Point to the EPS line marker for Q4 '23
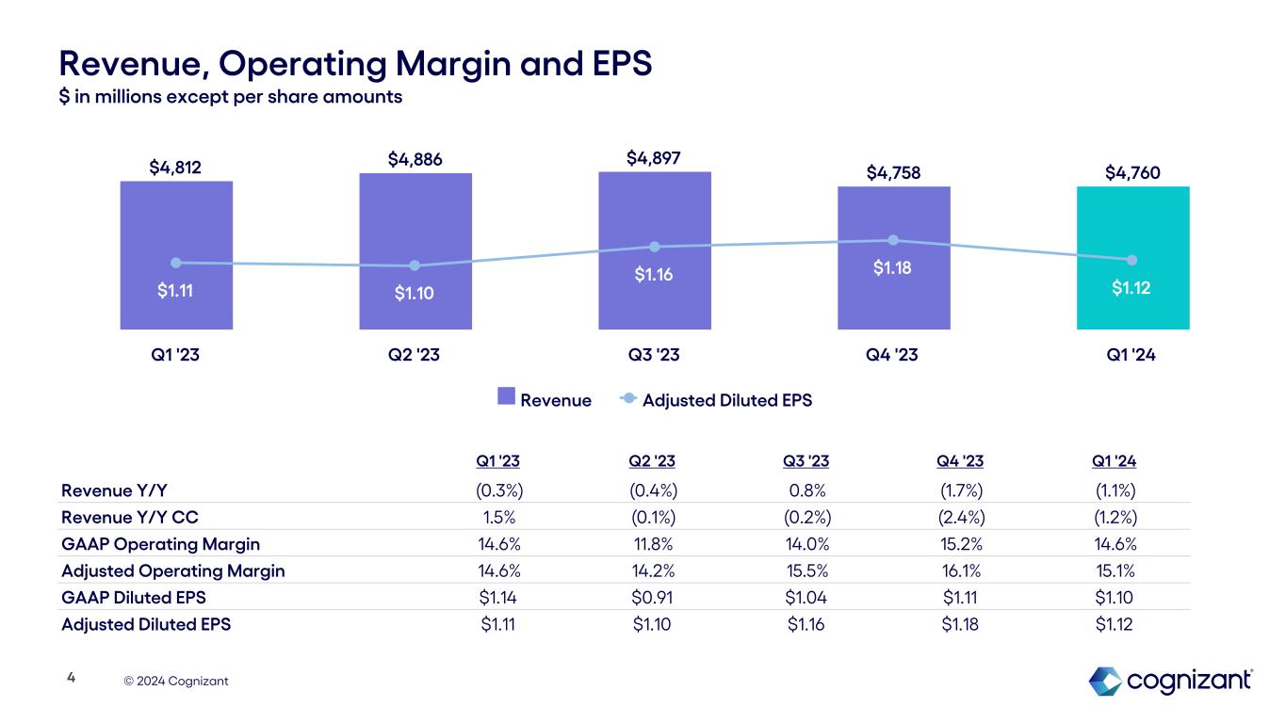click(893, 240)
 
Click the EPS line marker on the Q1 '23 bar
click(176, 263)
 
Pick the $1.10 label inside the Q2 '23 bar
click(415, 294)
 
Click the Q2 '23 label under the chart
click(415, 357)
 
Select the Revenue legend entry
click(545, 400)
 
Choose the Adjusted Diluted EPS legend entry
click(716, 400)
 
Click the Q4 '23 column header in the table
click(961, 461)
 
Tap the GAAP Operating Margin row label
click(160, 544)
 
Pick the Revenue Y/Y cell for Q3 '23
click(806, 490)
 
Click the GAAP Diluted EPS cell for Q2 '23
click(652, 597)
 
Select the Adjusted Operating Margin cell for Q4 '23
click(961, 570)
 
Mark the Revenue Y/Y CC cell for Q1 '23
click(499, 517)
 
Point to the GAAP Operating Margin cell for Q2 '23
click(652, 544)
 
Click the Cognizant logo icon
click(1105, 681)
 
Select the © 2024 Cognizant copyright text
click(182, 681)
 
